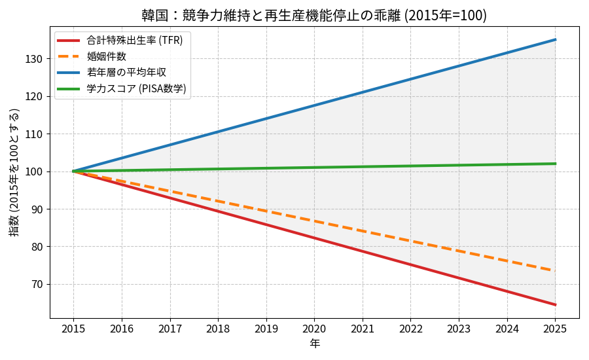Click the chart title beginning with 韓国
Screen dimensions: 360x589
(314, 15)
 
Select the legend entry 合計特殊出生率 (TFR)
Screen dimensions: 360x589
(135, 41)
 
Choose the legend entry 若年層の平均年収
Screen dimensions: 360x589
(126, 72)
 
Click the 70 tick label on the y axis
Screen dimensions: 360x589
(37, 284)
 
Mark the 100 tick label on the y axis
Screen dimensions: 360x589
(34, 171)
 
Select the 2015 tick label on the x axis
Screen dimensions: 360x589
(73, 329)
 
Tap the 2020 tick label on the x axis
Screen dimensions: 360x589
(314, 329)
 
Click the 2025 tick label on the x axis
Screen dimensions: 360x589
(555, 329)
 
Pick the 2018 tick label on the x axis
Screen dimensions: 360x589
(218, 329)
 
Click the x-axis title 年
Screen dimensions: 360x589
(314, 344)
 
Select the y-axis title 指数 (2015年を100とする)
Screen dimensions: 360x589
(14, 171)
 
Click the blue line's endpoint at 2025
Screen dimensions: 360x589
(555, 40)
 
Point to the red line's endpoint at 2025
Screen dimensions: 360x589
(555, 304)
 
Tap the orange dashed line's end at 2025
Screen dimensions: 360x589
(555, 270)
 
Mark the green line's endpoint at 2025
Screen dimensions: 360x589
(555, 164)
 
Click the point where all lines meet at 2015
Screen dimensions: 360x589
(73, 171)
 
